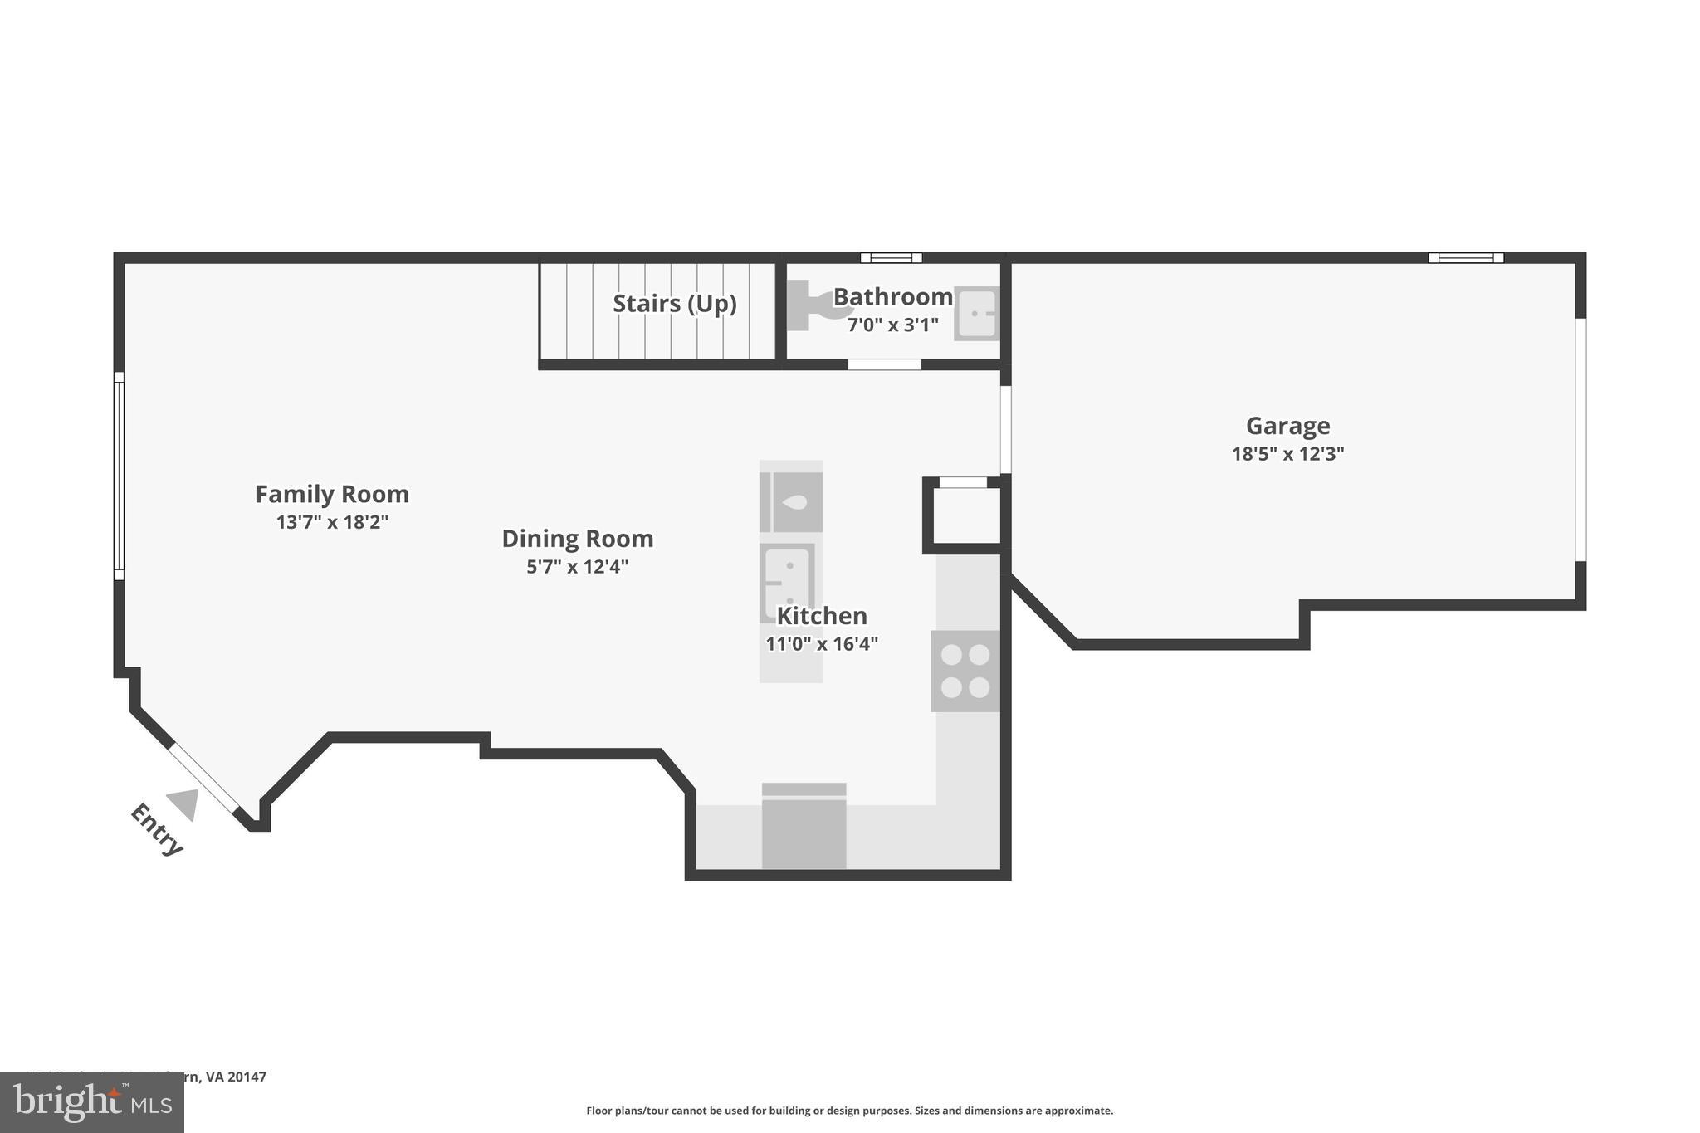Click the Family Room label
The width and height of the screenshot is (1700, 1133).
(332, 495)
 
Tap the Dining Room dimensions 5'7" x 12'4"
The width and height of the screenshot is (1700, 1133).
(578, 567)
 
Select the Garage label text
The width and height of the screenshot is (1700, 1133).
(1287, 426)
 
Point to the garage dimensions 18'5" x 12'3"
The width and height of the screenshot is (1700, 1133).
(1287, 454)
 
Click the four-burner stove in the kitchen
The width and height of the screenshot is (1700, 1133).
(965, 671)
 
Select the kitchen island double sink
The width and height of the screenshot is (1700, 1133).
(786, 582)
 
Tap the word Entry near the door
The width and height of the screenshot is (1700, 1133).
(156, 829)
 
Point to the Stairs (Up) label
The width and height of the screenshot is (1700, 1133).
(674, 304)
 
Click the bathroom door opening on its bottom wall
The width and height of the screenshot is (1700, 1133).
(884, 364)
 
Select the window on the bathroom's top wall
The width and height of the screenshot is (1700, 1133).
(891, 257)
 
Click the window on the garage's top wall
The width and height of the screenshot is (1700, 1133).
(1465, 257)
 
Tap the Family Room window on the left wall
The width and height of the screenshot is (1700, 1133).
(119, 475)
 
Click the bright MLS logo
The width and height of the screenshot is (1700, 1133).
(91, 1102)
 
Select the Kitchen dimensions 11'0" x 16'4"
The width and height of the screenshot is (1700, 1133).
(821, 644)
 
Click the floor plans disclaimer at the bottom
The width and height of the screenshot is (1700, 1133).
(849, 1111)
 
